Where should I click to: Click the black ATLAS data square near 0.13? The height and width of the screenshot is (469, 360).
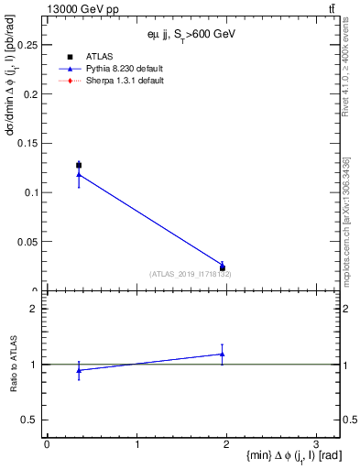79,165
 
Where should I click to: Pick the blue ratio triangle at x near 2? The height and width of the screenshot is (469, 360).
223,354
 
